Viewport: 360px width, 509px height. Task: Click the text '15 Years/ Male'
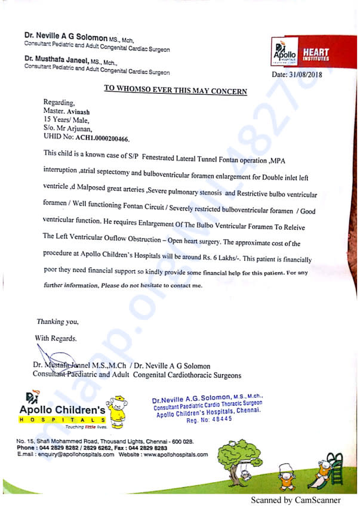pos(66,119)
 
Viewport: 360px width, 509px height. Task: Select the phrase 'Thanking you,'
pos(57,321)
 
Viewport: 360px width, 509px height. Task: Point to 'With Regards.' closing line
pos(56,338)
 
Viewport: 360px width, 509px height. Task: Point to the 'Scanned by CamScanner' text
pos(296,500)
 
